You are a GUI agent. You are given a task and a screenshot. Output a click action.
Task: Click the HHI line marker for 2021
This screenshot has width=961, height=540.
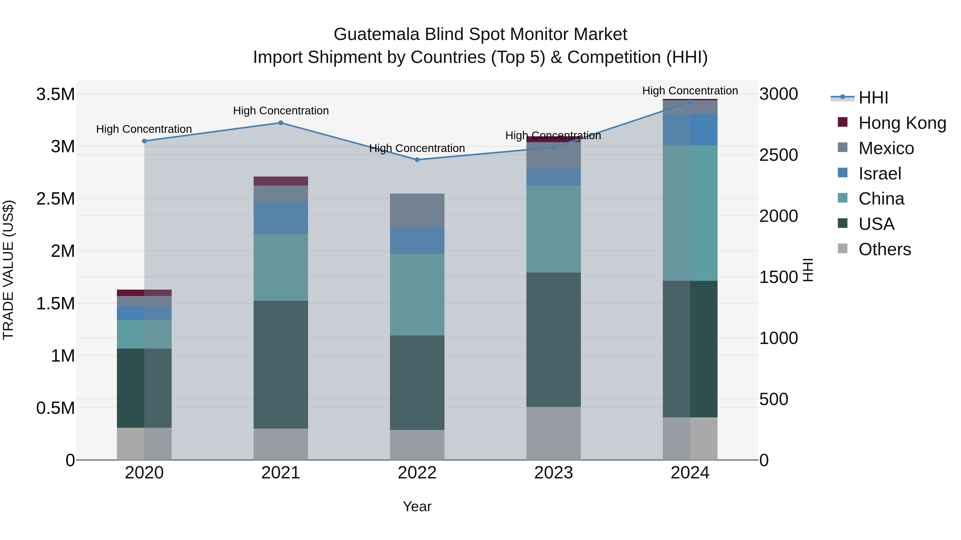[x=281, y=123]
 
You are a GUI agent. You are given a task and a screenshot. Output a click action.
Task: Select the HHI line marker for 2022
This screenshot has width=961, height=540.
[x=417, y=159]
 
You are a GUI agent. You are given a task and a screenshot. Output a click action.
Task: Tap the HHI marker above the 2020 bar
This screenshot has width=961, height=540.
[x=144, y=141]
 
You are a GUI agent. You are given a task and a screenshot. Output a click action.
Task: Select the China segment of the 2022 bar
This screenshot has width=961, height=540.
[x=417, y=294]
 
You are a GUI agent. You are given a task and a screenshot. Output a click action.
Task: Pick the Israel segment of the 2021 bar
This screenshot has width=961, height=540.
[x=281, y=218]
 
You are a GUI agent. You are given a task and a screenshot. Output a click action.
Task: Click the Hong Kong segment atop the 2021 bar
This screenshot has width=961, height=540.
[x=281, y=181]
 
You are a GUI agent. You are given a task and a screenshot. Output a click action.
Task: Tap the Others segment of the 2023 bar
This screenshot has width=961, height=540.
[x=553, y=433]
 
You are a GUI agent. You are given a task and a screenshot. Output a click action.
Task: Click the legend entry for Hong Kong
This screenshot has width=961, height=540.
[x=902, y=123]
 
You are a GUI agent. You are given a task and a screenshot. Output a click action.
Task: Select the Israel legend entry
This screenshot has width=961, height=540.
[x=880, y=174]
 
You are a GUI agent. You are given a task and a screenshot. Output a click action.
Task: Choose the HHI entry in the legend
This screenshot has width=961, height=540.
[x=873, y=98]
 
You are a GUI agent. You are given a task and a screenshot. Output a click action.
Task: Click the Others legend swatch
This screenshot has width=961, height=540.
[x=842, y=249]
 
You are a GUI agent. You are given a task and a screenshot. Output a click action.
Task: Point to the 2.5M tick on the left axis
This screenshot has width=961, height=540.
[x=55, y=199]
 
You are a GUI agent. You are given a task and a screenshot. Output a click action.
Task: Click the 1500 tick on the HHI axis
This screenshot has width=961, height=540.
[x=778, y=277]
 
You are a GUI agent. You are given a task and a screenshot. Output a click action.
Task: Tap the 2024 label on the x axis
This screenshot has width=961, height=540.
[x=690, y=473]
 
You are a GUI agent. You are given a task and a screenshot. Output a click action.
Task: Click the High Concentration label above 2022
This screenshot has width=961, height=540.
[x=417, y=148]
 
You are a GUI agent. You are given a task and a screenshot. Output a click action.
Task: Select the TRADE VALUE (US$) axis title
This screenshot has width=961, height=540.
[x=8, y=270]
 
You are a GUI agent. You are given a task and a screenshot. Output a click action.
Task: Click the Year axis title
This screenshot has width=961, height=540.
[x=417, y=506]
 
